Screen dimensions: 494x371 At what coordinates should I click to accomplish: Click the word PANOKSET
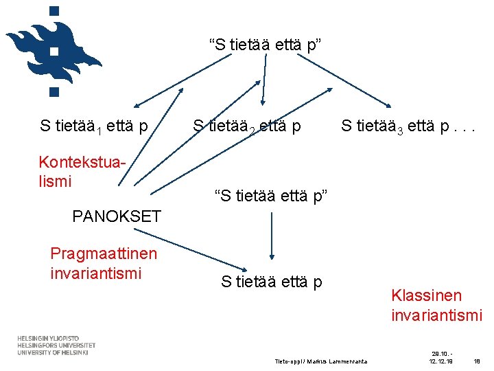[116, 216]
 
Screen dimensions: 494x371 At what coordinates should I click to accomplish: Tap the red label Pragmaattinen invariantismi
[104, 263]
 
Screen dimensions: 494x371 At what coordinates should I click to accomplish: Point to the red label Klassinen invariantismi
[436, 305]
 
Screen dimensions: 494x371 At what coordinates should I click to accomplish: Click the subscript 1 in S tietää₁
[100, 130]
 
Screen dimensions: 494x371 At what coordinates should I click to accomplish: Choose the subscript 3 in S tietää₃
[401, 130]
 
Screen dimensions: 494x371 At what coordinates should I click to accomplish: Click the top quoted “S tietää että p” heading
[266, 45]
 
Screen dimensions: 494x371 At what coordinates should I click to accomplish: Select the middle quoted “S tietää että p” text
[272, 196]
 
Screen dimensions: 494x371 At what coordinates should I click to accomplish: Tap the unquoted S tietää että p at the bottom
[271, 281]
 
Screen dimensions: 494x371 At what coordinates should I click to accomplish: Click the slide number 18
[478, 361]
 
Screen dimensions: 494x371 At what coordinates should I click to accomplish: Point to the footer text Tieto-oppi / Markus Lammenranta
[320, 361]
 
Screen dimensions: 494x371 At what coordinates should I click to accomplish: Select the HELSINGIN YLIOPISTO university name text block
[56, 346]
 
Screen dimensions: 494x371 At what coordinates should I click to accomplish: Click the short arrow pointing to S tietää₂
[263, 88]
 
